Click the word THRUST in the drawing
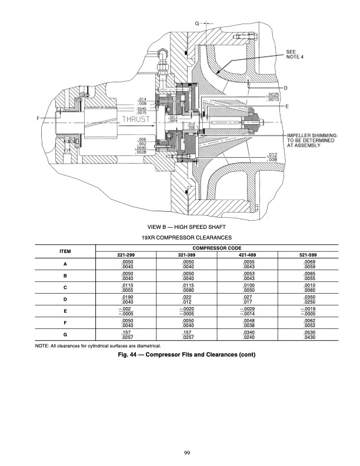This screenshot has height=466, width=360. pos(136,119)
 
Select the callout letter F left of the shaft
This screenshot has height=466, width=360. pos(39,118)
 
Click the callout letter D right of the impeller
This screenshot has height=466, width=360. pos(285,88)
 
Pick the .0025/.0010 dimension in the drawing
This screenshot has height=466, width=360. pos(273,98)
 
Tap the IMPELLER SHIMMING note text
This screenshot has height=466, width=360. pos(312,140)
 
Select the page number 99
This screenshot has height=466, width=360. pos(179,452)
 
